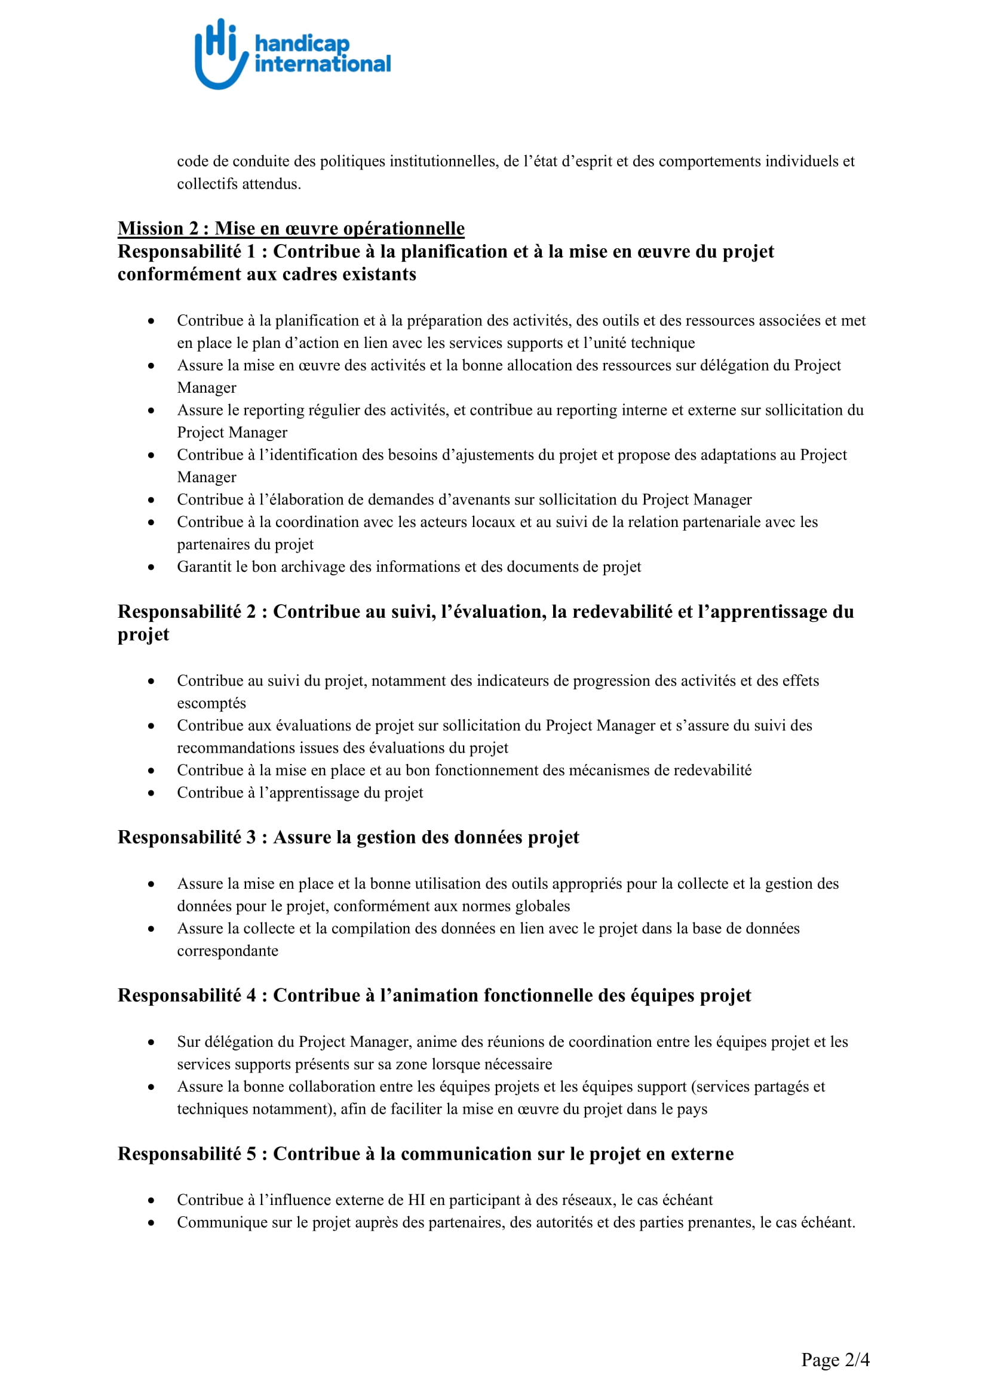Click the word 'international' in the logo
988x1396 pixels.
click(x=323, y=64)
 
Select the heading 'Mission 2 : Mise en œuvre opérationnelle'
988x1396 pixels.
click(x=291, y=228)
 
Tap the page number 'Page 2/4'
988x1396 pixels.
click(x=835, y=1360)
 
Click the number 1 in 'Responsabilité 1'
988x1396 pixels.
click(x=251, y=251)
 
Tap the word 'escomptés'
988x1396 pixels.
click(x=211, y=704)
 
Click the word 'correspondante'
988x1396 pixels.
click(x=228, y=951)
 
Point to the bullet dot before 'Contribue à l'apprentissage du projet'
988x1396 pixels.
click(x=151, y=793)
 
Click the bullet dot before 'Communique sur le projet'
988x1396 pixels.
click(x=151, y=1224)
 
